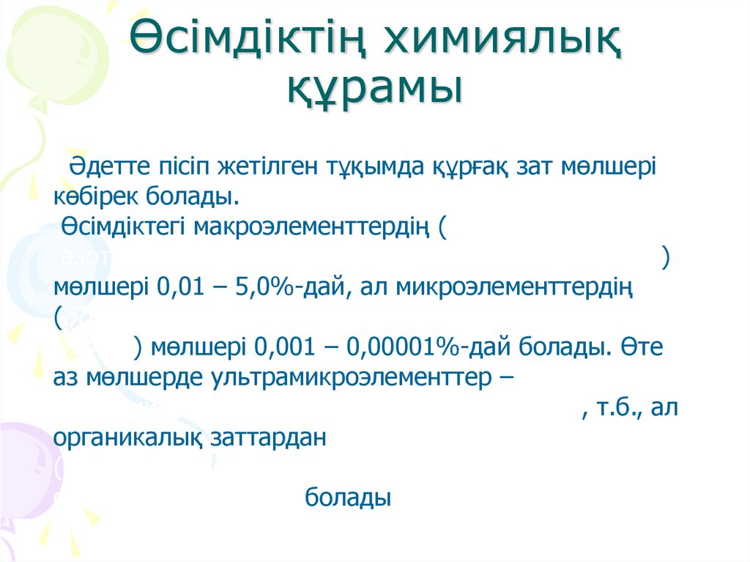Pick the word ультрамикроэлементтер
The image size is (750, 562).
tap(350, 377)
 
